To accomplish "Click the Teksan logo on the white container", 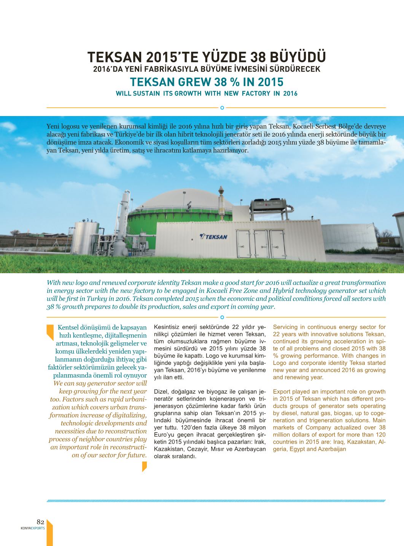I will coord(214,237).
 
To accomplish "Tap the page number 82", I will coord(40,522).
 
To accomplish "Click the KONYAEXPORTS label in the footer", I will coord(33,528).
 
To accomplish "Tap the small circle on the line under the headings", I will coord(222,108).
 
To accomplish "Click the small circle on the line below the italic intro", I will coord(222,317).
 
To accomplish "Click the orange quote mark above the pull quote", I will coord(50,332).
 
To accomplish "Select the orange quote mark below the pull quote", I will coord(144,466).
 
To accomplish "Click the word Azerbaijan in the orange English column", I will coord(333,449).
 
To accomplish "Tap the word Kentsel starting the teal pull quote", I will coord(69,327).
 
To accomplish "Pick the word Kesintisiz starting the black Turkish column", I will coord(166,327).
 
